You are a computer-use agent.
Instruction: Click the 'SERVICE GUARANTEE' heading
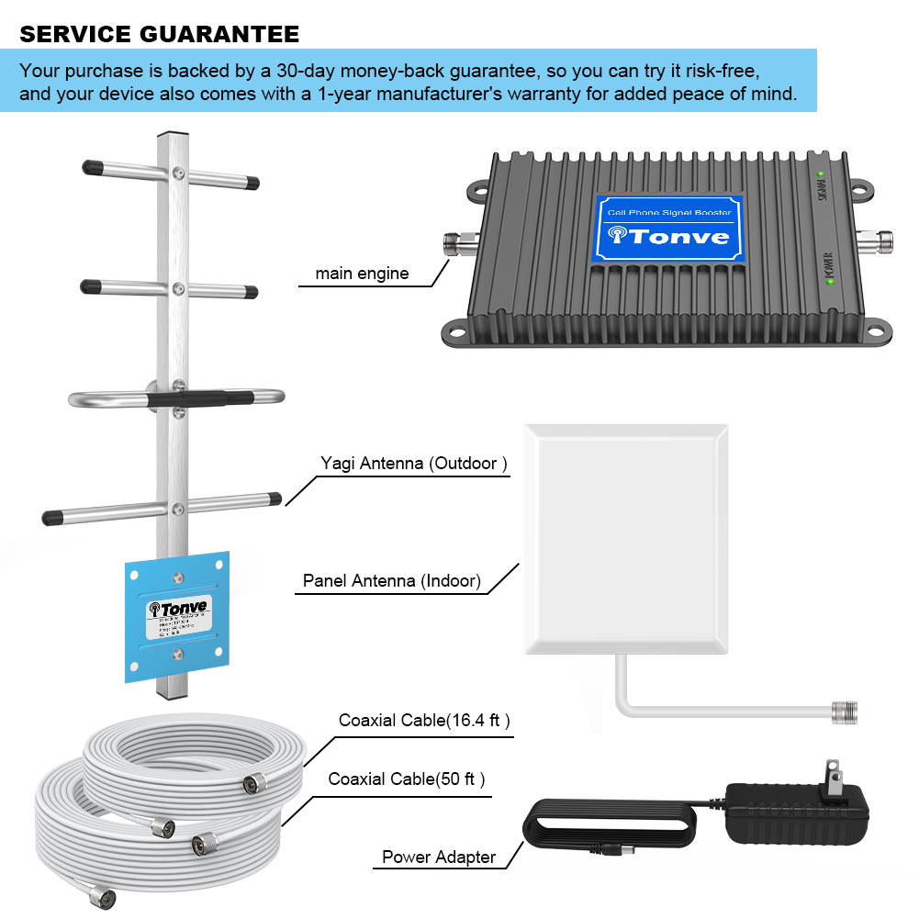[159, 35]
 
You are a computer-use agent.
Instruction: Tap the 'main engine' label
[362, 274]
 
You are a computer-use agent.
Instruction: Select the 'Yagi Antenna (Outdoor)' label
[414, 464]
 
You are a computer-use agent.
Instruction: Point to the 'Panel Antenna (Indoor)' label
[392, 581]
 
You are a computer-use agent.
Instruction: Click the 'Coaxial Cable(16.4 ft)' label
[424, 721]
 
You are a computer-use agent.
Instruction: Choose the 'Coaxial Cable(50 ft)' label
[407, 779]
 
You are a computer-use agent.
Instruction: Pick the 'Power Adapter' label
[439, 857]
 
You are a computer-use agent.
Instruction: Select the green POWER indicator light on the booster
[831, 280]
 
